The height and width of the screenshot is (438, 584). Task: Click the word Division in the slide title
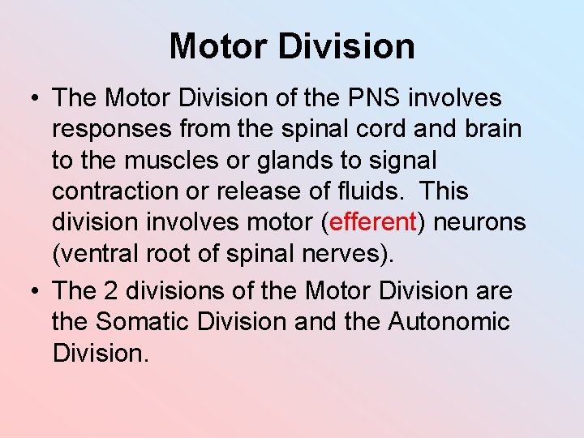click(347, 46)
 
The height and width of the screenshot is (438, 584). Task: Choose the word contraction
click(119, 191)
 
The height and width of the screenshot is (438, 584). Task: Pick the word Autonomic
click(449, 321)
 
